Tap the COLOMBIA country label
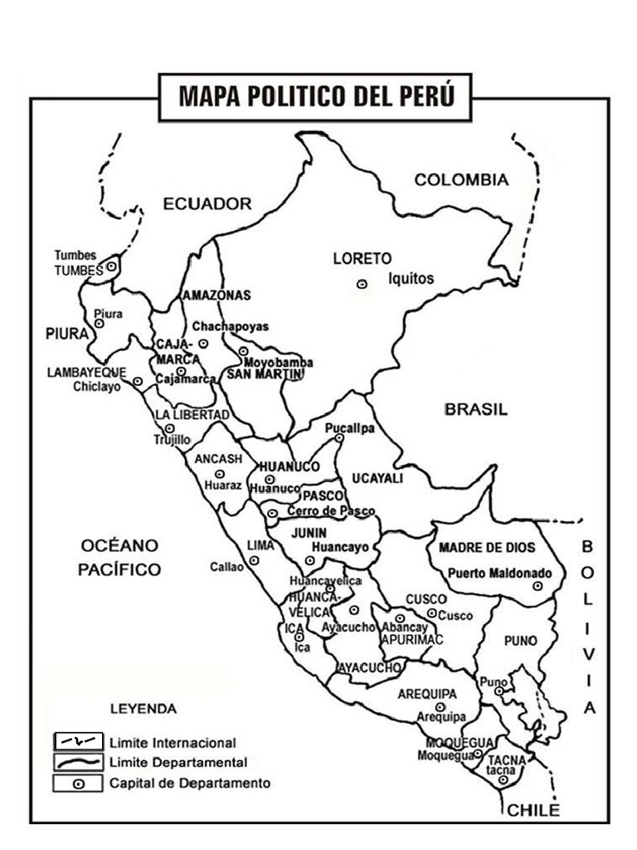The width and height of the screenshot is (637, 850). tap(460, 180)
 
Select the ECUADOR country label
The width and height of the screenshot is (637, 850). tap(207, 203)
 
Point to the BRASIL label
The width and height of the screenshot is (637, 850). tap(476, 409)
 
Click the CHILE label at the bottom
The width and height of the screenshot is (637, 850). tap(533, 810)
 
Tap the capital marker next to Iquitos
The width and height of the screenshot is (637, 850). tap(362, 284)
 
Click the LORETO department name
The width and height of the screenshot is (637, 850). tap(362, 258)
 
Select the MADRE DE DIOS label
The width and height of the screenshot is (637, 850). tap(487, 548)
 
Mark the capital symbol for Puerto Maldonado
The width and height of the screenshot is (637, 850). tap(537, 586)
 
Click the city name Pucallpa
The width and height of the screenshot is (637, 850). tap(349, 428)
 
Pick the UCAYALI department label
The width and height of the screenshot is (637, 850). tap(377, 479)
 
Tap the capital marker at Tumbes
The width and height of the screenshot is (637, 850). tap(111, 266)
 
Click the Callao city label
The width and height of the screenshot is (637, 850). tap(226, 568)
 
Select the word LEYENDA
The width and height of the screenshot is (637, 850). tap(143, 709)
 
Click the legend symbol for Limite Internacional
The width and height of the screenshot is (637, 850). tap(78, 741)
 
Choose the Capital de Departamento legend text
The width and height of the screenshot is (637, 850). tap(189, 783)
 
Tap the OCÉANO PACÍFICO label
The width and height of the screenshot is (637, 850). tap(120, 557)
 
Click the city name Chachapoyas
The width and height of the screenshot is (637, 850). tap(231, 326)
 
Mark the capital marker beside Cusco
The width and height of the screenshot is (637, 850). tap(431, 613)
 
